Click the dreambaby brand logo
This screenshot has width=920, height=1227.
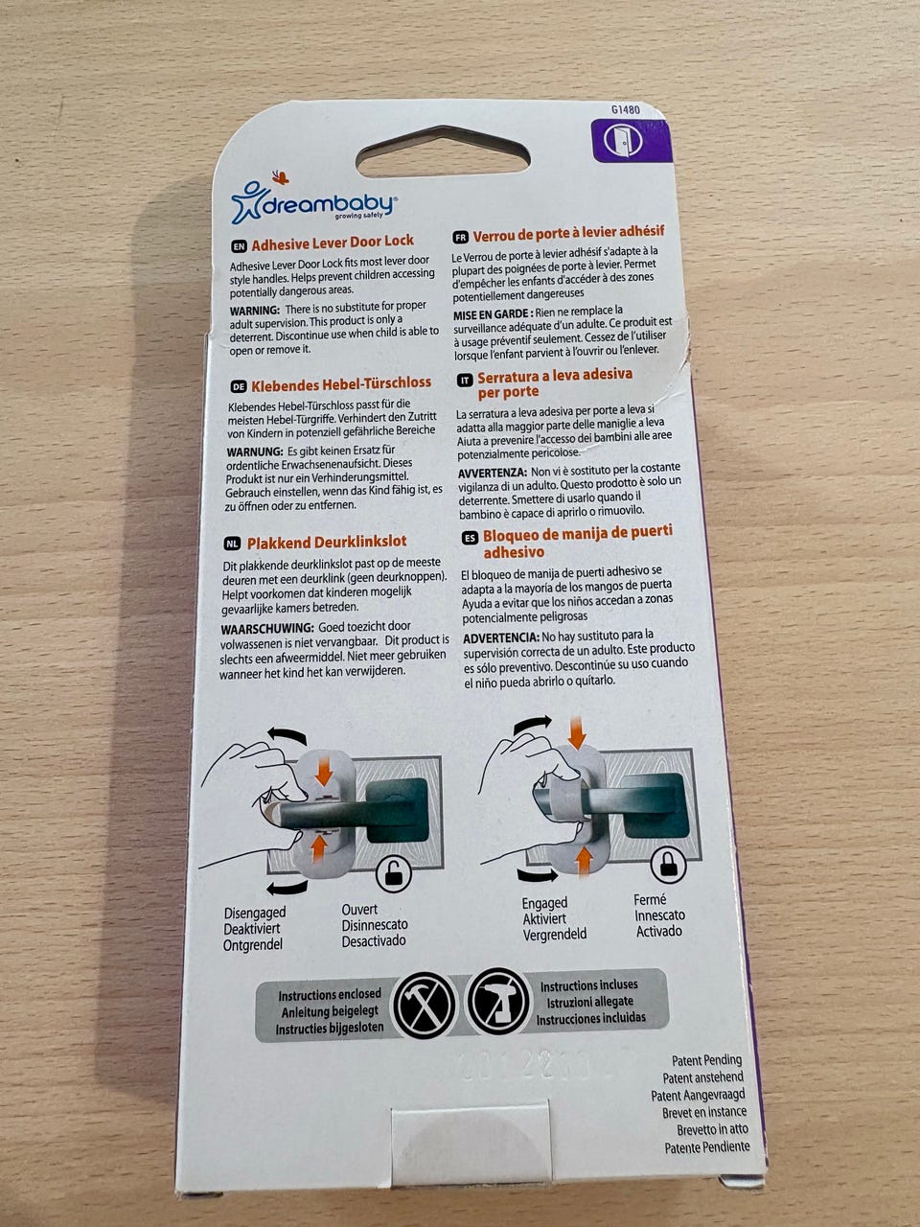click(314, 202)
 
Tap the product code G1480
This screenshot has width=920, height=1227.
click(625, 109)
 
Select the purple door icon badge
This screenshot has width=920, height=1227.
click(632, 141)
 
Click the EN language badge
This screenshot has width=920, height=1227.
click(239, 246)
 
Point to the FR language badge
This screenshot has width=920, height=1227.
click(460, 238)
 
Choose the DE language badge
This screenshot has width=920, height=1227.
click(238, 387)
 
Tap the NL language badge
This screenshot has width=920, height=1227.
click(232, 544)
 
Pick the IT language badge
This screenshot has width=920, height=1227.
click(465, 381)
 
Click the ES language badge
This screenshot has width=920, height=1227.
click(471, 538)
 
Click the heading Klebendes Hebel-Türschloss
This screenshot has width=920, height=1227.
click(341, 384)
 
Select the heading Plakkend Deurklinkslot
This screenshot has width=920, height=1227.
click(327, 542)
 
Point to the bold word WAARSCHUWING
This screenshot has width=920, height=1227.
click(267, 628)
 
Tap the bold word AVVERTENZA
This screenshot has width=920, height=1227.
click(493, 473)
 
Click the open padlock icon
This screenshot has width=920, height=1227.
click(393, 875)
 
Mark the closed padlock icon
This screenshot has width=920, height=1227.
click(668, 865)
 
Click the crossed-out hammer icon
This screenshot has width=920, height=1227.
click(424, 1006)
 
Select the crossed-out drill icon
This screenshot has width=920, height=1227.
click(498, 1002)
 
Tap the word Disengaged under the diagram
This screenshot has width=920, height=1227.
click(255, 914)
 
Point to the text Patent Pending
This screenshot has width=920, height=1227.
click(706, 1060)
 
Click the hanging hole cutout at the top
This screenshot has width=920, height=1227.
click(443, 152)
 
